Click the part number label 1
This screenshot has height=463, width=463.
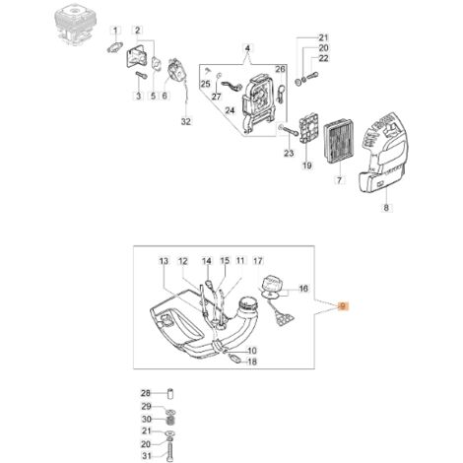(x=115, y=31)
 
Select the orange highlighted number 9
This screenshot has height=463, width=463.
(x=343, y=306)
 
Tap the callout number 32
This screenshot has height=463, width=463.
(x=186, y=122)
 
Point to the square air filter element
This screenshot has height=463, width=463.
(x=338, y=144)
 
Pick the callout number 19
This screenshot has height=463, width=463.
(x=307, y=165)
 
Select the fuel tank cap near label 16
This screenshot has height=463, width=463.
(x=271, y=284)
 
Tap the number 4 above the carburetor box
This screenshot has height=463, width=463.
(x=247, y=48)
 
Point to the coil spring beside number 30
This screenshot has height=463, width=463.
(x=170, y=420)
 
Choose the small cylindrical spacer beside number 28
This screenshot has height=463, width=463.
(x=170, y=393)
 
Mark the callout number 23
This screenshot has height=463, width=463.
(x=289, y=153)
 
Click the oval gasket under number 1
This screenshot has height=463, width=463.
(x=114, y=47)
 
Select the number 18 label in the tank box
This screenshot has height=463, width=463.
(x=252, y=362)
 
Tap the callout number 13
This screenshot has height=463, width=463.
(x=164, y=261)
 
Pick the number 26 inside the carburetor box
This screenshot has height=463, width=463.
(x=280, y=69)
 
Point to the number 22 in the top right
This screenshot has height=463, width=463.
(x=324, y=58)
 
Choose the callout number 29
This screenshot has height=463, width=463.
(x=146, y=406)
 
